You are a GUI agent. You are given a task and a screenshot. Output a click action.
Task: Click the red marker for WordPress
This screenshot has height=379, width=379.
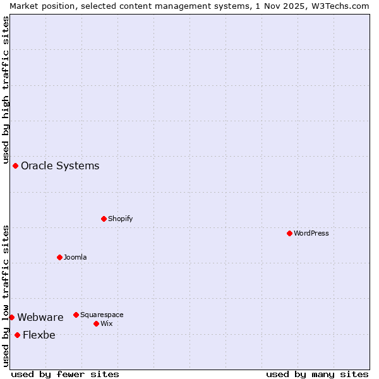pos(289,233)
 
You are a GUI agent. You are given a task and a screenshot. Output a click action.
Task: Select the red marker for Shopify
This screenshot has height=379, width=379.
pos(104,219)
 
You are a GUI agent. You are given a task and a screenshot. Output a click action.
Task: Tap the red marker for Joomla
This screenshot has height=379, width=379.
pos(59,257)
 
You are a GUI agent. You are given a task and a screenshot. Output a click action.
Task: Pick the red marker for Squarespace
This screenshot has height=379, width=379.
pos(76,315)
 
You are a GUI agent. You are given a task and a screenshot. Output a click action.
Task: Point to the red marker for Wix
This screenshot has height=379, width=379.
pos(96,323)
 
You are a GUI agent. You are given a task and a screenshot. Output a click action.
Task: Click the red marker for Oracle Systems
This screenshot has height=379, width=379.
pos(15,165)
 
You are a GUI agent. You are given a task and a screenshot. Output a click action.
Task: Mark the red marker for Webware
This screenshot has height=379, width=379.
pos(11,317)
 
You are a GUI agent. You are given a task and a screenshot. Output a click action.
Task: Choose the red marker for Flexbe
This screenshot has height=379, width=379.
pos(17,335)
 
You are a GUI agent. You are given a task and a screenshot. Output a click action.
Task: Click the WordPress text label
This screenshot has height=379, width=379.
pos(311,233)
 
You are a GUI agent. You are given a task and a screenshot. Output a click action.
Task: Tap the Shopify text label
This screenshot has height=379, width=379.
pos(121,219)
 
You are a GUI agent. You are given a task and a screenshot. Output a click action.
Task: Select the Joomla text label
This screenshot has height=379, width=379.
pos(75,257)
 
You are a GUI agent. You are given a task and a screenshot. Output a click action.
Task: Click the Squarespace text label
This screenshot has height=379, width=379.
pos(102,315)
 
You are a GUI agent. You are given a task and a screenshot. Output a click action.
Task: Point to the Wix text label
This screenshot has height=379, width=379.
pos(107,323)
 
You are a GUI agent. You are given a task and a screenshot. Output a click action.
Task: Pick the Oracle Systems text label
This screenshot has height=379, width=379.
pos(60,166)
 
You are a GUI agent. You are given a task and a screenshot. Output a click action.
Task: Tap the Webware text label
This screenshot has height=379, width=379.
pos(40,318)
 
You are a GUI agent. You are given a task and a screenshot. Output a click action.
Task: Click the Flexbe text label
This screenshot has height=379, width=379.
pos(39,335)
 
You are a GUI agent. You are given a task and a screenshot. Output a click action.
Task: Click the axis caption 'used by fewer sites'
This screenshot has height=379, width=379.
pos(65,374)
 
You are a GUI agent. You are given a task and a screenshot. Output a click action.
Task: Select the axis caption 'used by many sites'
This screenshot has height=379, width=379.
pos(317,374)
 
